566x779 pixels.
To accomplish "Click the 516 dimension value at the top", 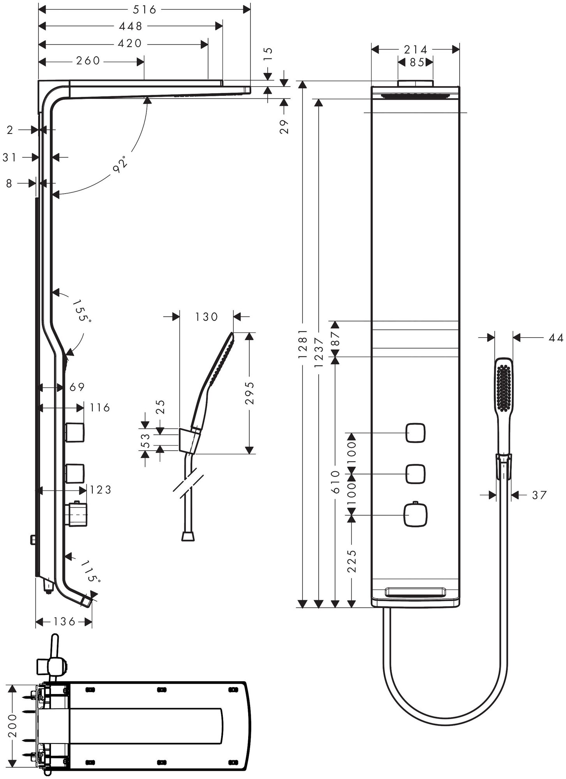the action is point(145,9).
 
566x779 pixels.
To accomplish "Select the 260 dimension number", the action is point(88,61).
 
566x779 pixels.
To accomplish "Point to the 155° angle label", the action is point(82,310).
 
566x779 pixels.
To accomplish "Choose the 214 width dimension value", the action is point(416,49).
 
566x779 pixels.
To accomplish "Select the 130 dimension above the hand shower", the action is point(206,317).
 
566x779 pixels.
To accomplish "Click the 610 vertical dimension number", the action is point(335,481).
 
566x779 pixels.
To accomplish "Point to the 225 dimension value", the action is point(352,561).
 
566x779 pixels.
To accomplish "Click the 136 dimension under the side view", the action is point(64,622).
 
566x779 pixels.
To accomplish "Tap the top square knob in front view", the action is point(416,433).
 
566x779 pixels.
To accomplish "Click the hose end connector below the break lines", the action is point(188,536).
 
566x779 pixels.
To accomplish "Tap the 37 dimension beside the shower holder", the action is point(539,495).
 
